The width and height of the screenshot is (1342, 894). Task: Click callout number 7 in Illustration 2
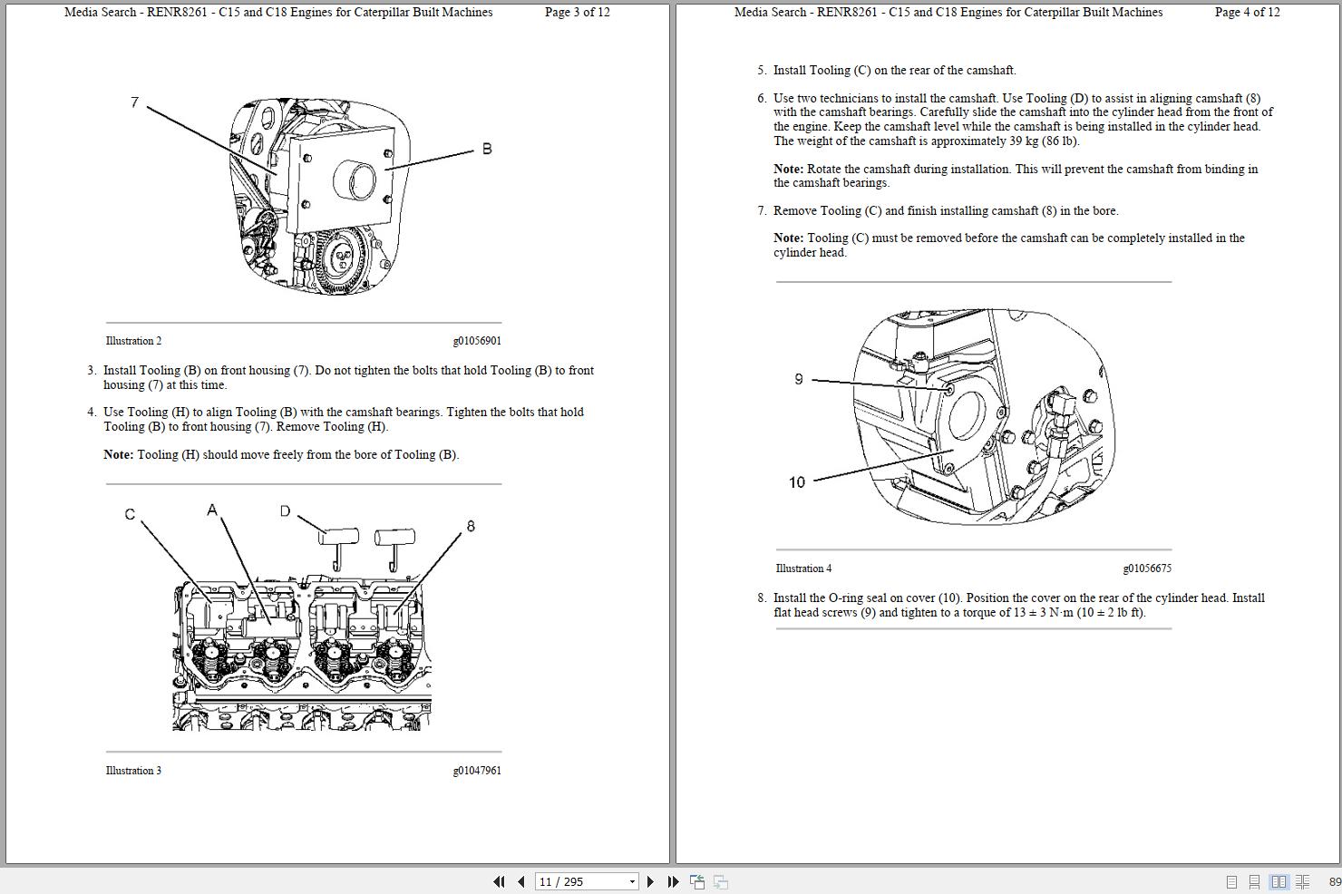pos(134,102)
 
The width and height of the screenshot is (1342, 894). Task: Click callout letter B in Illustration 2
pos(487,149)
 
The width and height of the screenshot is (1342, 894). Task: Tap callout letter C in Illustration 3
pos(130,514)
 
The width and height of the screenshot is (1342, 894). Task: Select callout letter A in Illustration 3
pos(212,510)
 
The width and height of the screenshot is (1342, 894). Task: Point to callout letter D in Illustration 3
pos(285,511)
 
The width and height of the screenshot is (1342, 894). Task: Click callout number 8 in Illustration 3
pos(470,526)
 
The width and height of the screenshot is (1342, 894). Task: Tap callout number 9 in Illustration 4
pos(798,379)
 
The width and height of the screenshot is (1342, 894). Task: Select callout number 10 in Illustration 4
pos(796,482)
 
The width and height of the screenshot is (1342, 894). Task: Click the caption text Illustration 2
pos(133,341)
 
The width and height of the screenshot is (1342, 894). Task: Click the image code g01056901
pos(476,341)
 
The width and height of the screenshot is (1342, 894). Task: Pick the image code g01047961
pos(476,771)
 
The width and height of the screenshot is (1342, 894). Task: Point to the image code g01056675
pos(1146,568)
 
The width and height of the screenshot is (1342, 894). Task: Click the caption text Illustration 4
pos(803,568)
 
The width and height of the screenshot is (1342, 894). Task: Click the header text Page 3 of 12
pos(577,13)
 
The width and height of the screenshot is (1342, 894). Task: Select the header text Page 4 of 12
pos(1247,13)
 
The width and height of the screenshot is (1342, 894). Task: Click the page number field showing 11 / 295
pos(580,881)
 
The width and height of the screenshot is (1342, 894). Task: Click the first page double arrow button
pos(499,881)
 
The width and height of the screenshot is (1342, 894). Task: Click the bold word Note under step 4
pos(118,455)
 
